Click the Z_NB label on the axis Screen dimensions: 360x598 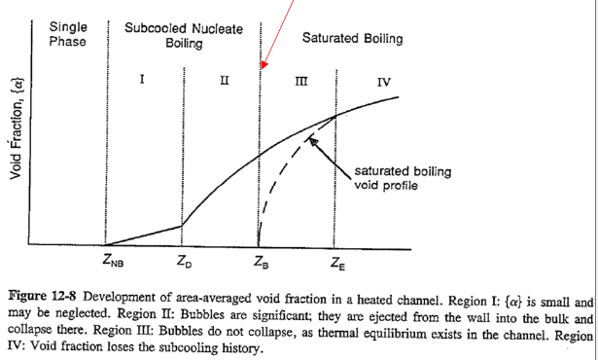113,261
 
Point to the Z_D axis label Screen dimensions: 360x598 185,261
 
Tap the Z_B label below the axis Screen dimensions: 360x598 259,261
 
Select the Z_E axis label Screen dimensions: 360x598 335,261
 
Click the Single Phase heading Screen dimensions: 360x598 68,35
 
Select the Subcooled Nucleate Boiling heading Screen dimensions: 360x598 184,36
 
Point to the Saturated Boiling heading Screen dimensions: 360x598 352,39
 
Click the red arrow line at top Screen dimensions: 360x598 276,29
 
